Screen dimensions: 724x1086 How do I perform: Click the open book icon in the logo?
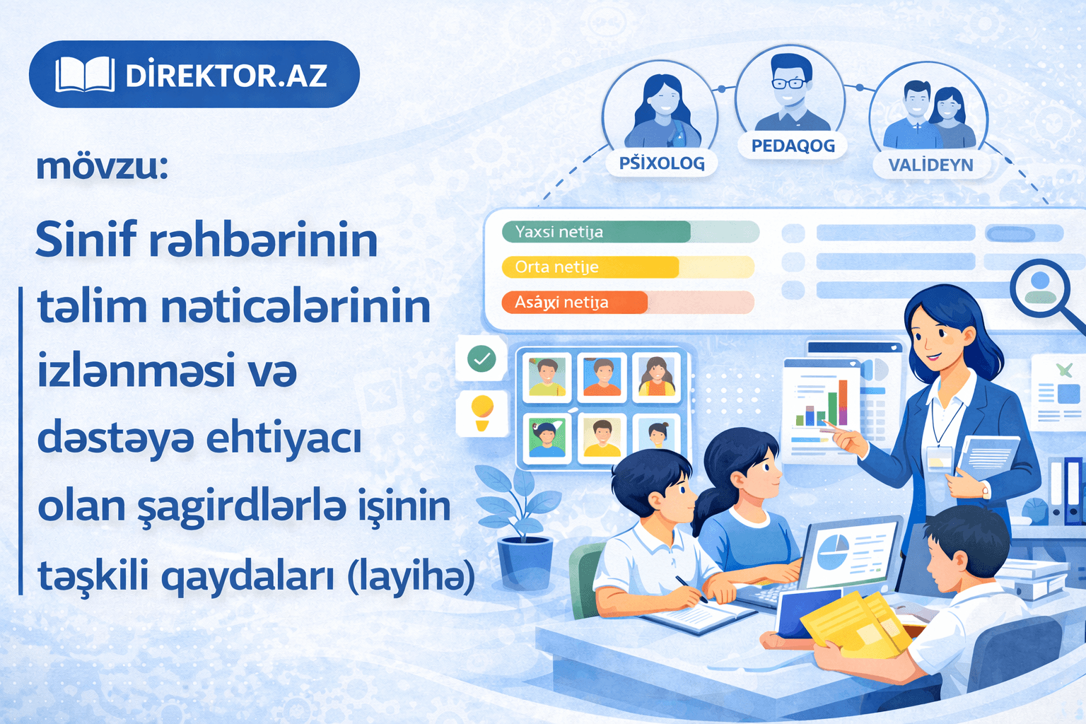pos(85,74)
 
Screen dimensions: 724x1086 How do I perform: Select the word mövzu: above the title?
pos(102,167)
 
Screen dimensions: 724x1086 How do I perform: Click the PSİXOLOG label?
pos(662,163)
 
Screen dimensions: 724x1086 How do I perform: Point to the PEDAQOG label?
pos(793,146)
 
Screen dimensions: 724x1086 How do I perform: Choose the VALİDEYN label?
pos(930,165)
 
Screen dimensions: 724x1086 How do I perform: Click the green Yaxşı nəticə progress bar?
pos(596,232)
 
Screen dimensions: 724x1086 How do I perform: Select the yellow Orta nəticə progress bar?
pos(590,267)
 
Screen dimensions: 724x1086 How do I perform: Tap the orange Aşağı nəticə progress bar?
pos(574,303)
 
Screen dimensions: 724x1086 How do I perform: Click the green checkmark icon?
pos(482,359)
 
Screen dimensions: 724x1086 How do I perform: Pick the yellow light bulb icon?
pos(482,411)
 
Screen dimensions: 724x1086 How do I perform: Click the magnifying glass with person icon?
pos(1040,286)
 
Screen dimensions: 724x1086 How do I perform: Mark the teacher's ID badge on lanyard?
pos(939,457)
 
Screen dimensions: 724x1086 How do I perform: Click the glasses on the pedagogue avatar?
pos(790,83)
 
